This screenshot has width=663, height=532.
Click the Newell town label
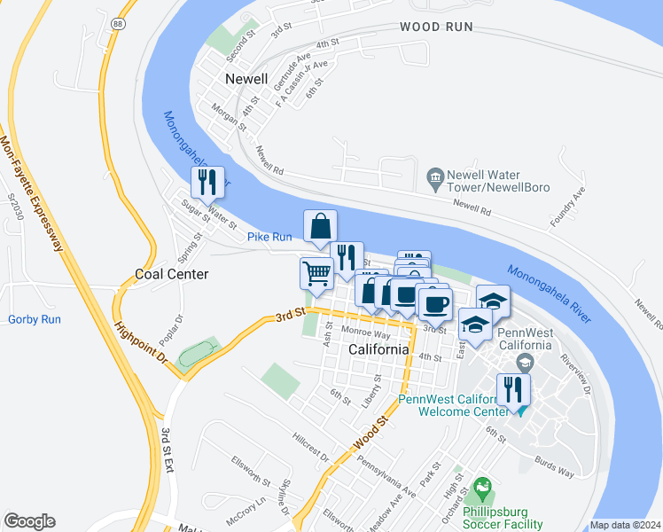pos(246,79)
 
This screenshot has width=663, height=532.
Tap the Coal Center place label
pos(172,274)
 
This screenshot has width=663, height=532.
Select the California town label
pos(378,349)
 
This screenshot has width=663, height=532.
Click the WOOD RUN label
pos(436,27)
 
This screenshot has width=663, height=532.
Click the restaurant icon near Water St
pos(207,183)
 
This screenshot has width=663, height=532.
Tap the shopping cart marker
pos(316,275)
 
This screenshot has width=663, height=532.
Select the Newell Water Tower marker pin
pos(435,178)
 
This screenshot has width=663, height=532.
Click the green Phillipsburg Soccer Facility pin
pos(482,487)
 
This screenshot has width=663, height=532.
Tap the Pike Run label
pos(269,237)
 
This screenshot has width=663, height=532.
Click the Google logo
pos(29,521)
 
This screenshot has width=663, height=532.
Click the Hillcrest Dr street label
pos(311,447)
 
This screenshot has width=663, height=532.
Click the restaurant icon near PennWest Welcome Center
pos(513,389)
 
